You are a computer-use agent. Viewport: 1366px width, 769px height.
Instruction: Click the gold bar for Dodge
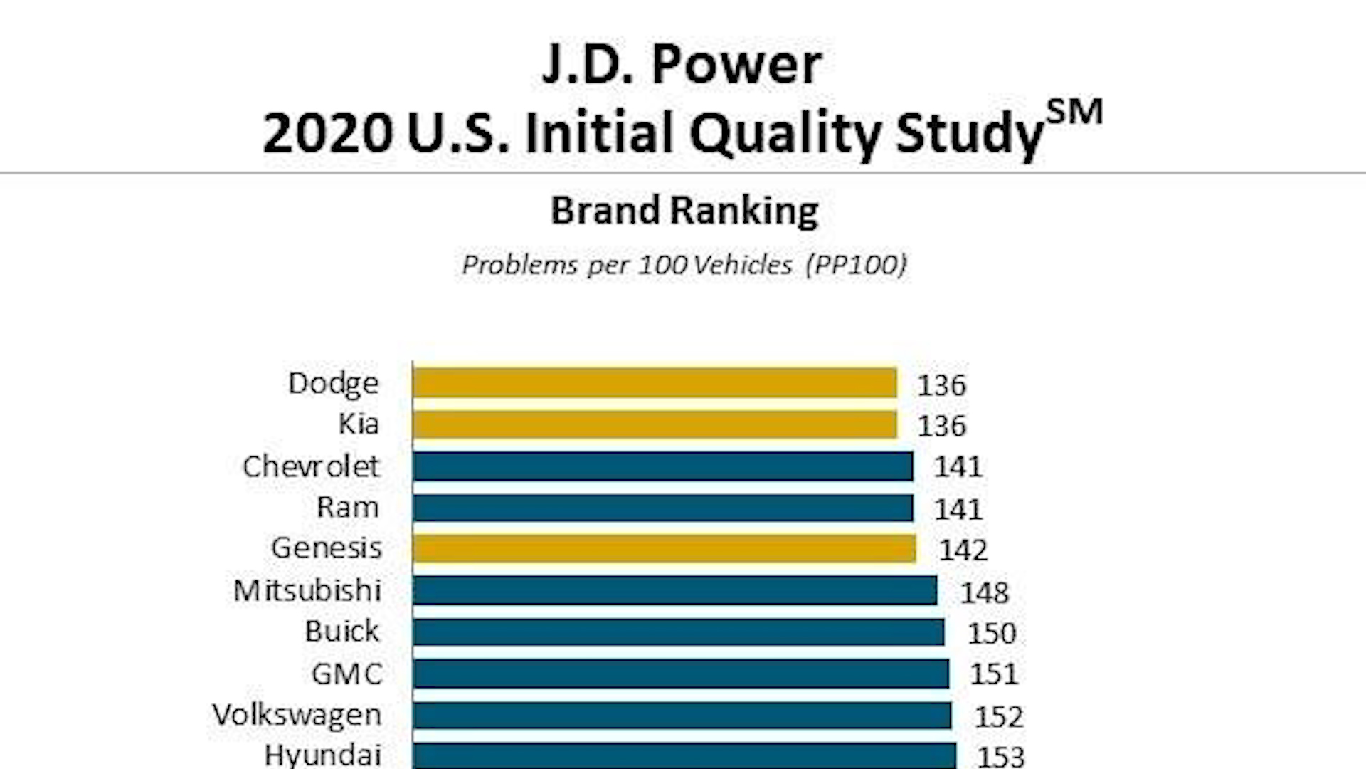655,383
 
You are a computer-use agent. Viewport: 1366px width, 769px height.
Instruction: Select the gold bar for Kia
655,425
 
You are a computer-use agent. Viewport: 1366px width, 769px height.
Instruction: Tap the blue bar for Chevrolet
662,466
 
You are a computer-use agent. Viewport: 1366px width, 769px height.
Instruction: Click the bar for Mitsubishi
674,590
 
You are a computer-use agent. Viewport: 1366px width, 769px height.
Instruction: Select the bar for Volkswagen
682,716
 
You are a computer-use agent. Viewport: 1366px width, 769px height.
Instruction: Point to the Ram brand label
347,508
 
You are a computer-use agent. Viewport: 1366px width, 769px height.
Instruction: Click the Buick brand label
342,632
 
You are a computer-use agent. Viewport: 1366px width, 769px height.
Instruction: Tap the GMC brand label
347,674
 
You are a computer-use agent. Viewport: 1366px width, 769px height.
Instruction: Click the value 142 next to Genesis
963,550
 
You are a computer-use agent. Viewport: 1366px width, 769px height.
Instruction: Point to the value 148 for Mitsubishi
984,592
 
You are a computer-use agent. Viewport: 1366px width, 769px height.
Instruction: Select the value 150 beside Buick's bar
991,633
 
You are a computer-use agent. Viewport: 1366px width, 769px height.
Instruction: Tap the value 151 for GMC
993,674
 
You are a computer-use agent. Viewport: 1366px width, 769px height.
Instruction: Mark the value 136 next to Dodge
941,385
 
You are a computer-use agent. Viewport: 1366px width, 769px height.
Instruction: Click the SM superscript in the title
1074,113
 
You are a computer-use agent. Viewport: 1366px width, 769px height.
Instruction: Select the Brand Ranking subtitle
684,211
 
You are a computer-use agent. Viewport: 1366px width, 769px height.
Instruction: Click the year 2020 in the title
327,133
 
